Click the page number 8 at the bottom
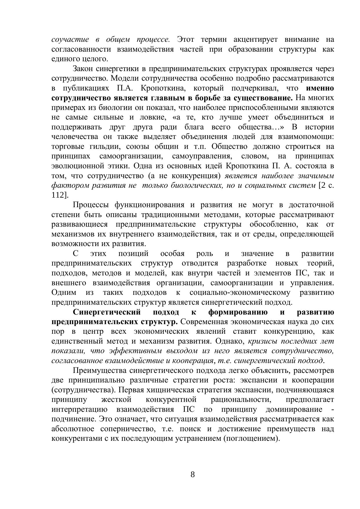coord(193,475)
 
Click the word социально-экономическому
coord(240,293)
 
